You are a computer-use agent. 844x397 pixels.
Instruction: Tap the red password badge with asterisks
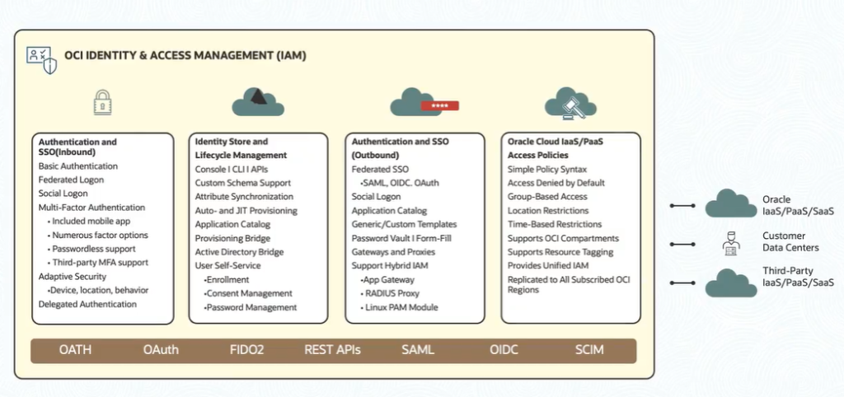click(x=439, y=106)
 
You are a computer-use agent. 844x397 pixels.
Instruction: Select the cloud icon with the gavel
click(x=570, y=105)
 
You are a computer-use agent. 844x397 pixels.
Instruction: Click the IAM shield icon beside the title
click(x=42, y=59)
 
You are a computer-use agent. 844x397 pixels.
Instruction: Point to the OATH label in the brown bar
click(x=75, y=350)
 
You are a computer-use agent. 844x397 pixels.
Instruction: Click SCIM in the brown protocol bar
click(x=589, y=350)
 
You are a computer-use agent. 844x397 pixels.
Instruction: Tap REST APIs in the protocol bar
click(x=332, y=350)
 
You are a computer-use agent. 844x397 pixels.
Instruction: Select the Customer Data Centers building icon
click(x=730, y=243)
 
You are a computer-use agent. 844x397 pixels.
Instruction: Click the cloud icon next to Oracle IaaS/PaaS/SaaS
click(x=730, y=203)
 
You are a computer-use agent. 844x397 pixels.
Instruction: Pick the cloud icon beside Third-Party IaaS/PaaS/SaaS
click(x=730, y=282)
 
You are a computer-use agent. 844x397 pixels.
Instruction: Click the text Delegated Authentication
click(x=87, y=304)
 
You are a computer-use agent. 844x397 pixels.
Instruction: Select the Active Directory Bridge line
click(x=239, y=252)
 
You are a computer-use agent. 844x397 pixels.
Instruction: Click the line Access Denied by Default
click(x=556, y=183)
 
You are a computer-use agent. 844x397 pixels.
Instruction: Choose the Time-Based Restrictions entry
click(x=554, y=224)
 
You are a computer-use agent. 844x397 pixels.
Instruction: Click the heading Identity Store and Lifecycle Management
click(x=241, y=148)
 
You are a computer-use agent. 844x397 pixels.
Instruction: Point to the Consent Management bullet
click(x=248, y=293)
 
